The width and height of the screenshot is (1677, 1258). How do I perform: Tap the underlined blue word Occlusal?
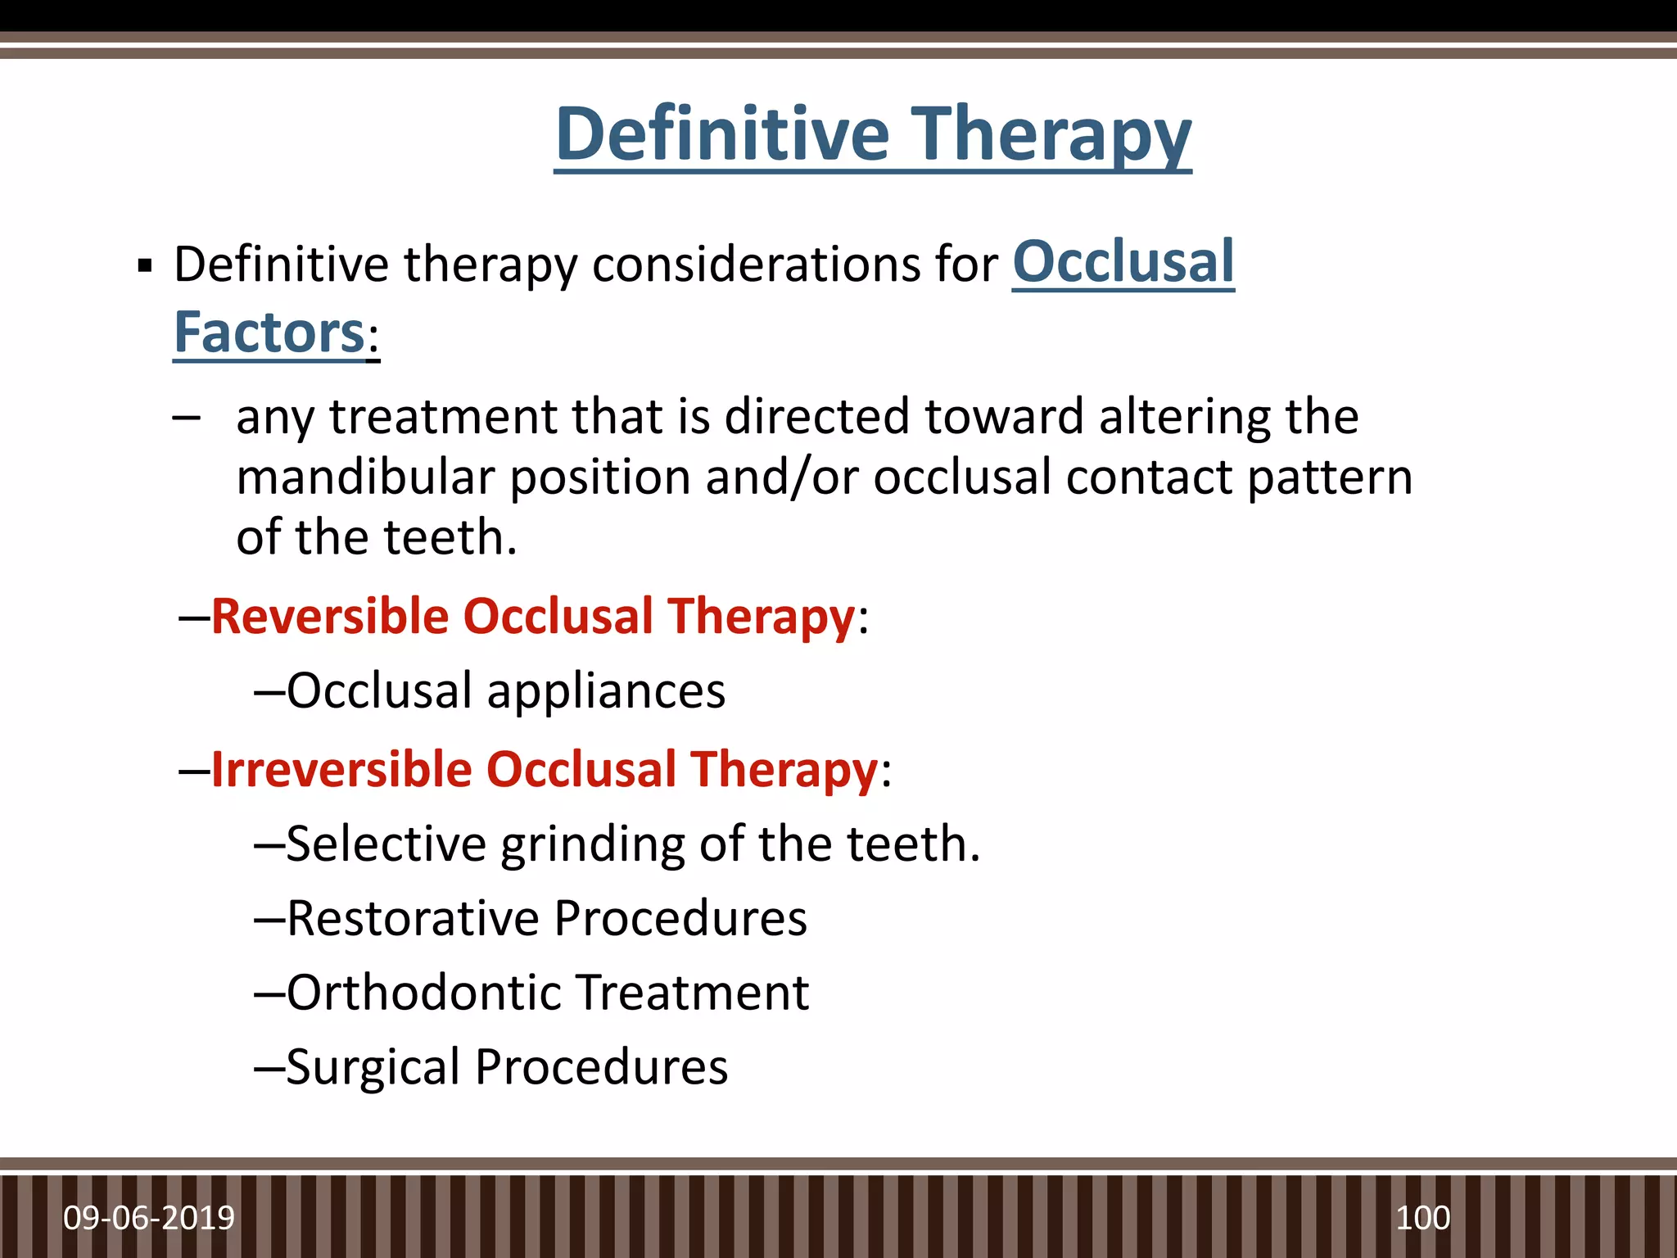tap(1123, 262)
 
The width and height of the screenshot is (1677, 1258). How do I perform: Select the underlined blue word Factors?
tap(269, 333)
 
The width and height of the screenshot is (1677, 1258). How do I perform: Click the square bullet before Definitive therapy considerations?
tap(146, 266)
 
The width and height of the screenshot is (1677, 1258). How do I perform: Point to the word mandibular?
tap(365, 477)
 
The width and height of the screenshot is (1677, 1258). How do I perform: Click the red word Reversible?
tap(329, 616)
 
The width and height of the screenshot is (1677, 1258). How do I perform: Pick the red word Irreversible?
tap(341, 770)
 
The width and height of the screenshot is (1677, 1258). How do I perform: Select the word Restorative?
tap(412, 918)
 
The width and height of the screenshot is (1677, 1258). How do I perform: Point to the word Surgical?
tap(373, 1067)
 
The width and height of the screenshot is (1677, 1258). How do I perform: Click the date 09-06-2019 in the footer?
tap(149, 1218)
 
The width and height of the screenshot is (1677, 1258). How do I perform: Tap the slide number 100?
tap(1422, 1218)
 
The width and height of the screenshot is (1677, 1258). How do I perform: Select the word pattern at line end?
tap(1330, 477)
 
